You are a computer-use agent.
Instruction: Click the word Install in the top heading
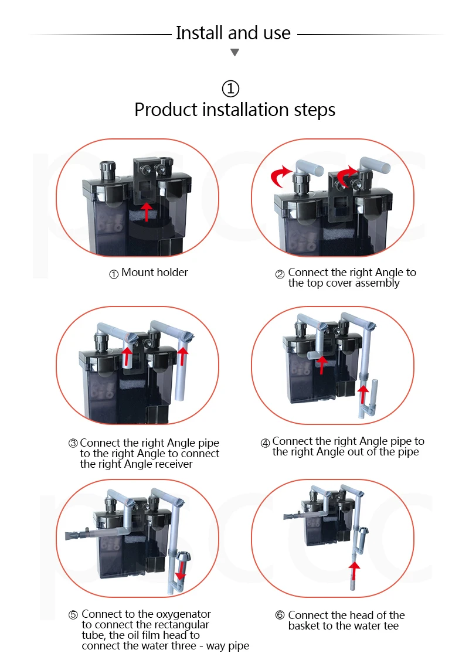pyautogui.click(x=199, y=33)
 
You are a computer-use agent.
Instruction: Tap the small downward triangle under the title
pyautogui.click(x=235, y=52)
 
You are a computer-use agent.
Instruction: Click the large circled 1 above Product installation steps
pyautogui.click(x=230, y=89)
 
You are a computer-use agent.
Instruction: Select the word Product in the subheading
pyautogui.click(x=166, y=110)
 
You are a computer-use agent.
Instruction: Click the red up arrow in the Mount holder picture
pyautogui.click(x=146, y=212)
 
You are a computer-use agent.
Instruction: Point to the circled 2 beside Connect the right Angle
pyautogui.click(x=280, y=274)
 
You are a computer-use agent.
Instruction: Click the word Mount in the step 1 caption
pyautogui.click(x=138, y=273)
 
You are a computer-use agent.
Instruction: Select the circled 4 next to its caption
pyautogui.click(x=265, y=443)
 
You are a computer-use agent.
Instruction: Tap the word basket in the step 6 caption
pyautogui.click(x=304, y=626)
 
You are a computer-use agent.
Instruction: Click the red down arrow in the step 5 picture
pyautogui.click(x=181, y=570)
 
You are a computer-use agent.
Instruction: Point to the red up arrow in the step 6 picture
pyautogui.click(x=354, y=571)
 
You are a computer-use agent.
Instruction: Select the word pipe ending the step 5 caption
pyautogui.click(x=238, y=646)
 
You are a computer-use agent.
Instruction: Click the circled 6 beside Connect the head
pyautogui.click(x=280, y=615)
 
